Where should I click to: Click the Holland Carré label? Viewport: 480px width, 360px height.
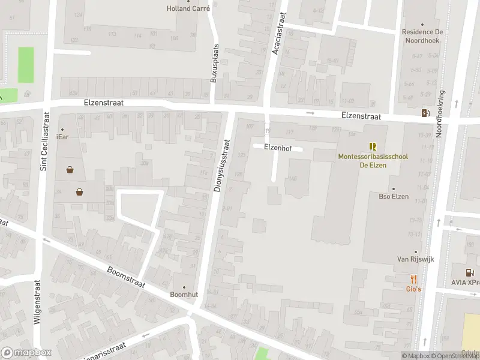click(188, 8)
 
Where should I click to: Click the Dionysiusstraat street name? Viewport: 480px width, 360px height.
click(221, 166)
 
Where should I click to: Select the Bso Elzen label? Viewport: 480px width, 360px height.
click(394, 196)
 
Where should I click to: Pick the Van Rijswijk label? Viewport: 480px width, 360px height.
click(415, 259)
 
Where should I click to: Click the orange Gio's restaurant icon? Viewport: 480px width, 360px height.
click(413, 279)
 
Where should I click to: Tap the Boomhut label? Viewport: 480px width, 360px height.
click(184, 294)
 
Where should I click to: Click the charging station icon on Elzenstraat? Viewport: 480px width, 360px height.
click(425, 113)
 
